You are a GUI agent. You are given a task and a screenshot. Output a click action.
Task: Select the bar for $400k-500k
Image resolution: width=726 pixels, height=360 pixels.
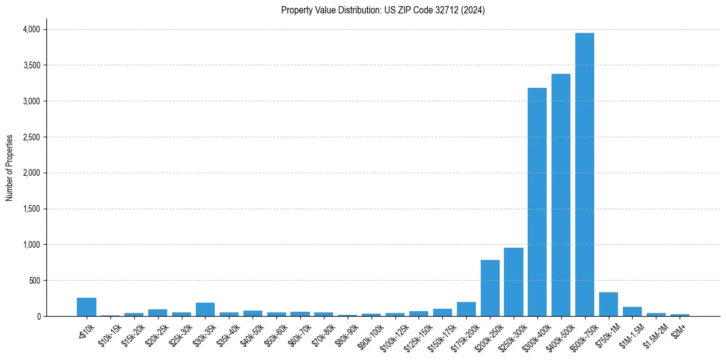pos(561,195)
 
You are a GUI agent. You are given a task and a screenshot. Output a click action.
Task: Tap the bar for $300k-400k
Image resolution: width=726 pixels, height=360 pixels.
pos(537,202)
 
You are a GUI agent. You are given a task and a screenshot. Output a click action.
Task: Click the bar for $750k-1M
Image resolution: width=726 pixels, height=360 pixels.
pos(608,304)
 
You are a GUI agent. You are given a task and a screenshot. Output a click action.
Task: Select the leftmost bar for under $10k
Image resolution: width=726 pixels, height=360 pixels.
pos(87,307)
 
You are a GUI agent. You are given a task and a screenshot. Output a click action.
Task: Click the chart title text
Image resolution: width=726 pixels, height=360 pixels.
pos(383,10)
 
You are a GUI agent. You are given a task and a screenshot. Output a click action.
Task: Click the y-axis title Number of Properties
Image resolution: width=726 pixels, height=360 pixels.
pos(10,168)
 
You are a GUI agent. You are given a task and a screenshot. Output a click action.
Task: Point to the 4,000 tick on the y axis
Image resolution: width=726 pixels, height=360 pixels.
pos(31,29)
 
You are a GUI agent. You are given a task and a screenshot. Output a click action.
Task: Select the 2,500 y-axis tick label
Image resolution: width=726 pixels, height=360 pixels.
pos(31,137)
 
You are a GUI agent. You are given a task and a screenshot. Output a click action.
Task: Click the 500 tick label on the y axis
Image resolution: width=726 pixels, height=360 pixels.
pos(34,281)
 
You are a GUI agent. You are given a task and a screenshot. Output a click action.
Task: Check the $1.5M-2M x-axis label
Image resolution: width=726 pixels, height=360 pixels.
pos(655,334)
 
